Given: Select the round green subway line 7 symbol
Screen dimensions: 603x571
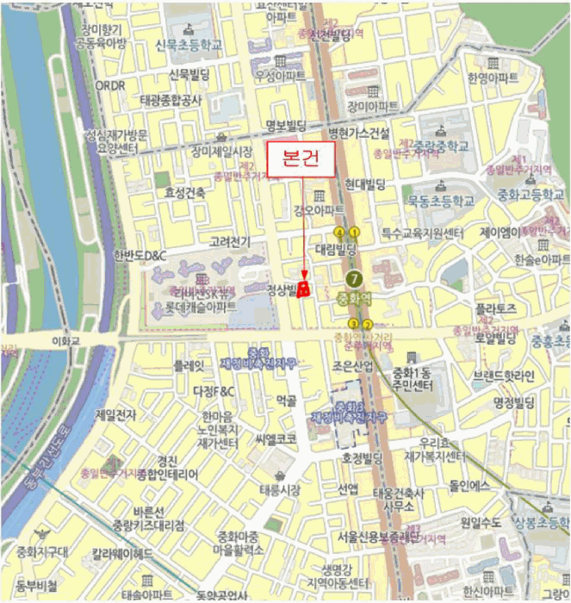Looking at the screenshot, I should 353,278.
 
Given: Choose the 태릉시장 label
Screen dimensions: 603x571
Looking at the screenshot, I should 280,489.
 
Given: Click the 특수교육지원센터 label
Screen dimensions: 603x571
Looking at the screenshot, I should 423,233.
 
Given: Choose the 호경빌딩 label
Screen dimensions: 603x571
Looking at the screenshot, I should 361,457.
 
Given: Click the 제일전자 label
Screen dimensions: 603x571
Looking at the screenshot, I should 115,415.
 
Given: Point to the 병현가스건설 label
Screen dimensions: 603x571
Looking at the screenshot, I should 360,134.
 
